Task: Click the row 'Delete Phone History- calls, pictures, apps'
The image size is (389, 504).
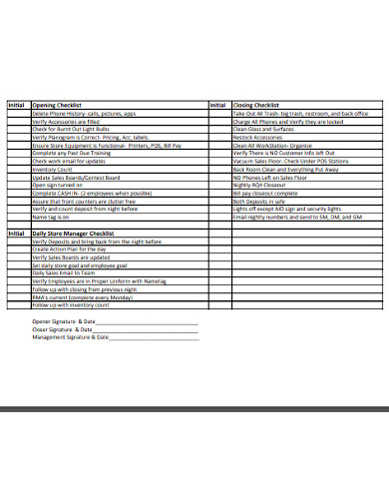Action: (89, 113)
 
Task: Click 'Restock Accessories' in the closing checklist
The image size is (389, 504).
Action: (258, 137)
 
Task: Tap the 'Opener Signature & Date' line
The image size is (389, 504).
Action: (66, 322)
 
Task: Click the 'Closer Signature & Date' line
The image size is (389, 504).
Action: (65, 329)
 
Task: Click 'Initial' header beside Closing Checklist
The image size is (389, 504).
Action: (217, 105)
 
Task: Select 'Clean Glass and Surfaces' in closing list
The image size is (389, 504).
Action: (263, 129)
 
